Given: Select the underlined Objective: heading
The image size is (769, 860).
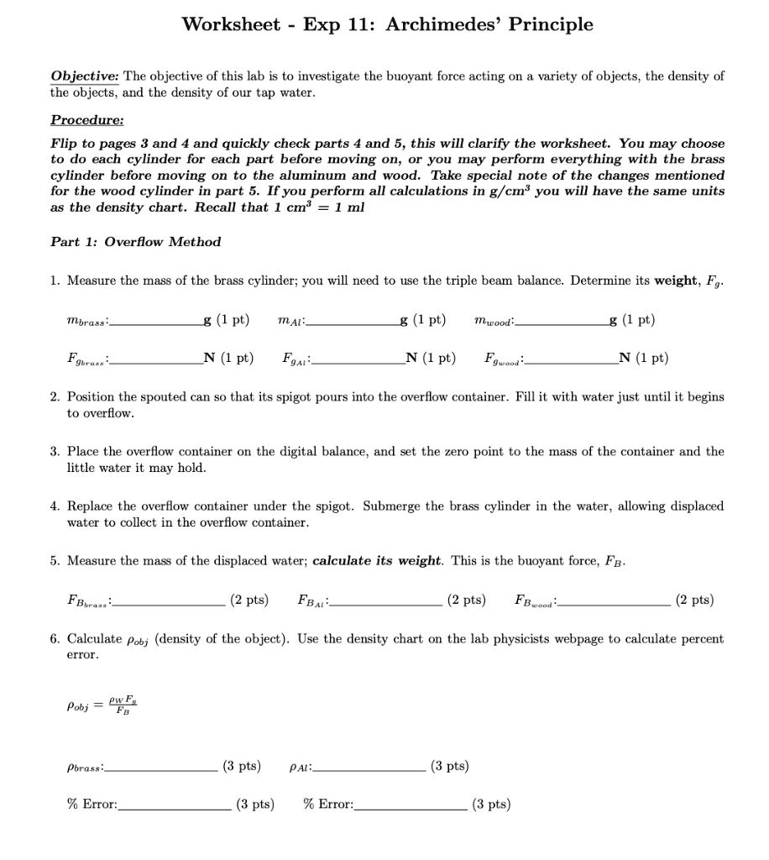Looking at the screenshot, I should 86,76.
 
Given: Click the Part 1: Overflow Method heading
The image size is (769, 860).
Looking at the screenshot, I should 135,242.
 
